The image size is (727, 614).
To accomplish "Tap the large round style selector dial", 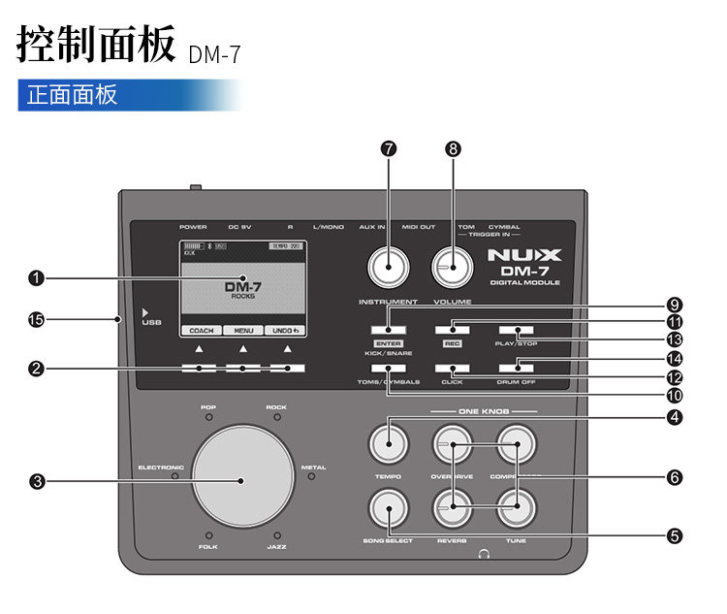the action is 242,475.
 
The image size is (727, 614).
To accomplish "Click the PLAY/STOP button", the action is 517,331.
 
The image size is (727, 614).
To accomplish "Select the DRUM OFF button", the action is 517,368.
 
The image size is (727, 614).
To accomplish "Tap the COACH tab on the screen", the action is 201,331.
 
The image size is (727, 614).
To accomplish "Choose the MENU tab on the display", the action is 243,331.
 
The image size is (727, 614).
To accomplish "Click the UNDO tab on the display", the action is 285,331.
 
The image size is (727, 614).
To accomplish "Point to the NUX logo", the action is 523,257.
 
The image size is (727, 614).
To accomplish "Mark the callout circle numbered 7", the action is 389,148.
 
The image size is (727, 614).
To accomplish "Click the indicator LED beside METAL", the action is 312,475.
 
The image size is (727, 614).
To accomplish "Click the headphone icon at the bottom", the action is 484,555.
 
